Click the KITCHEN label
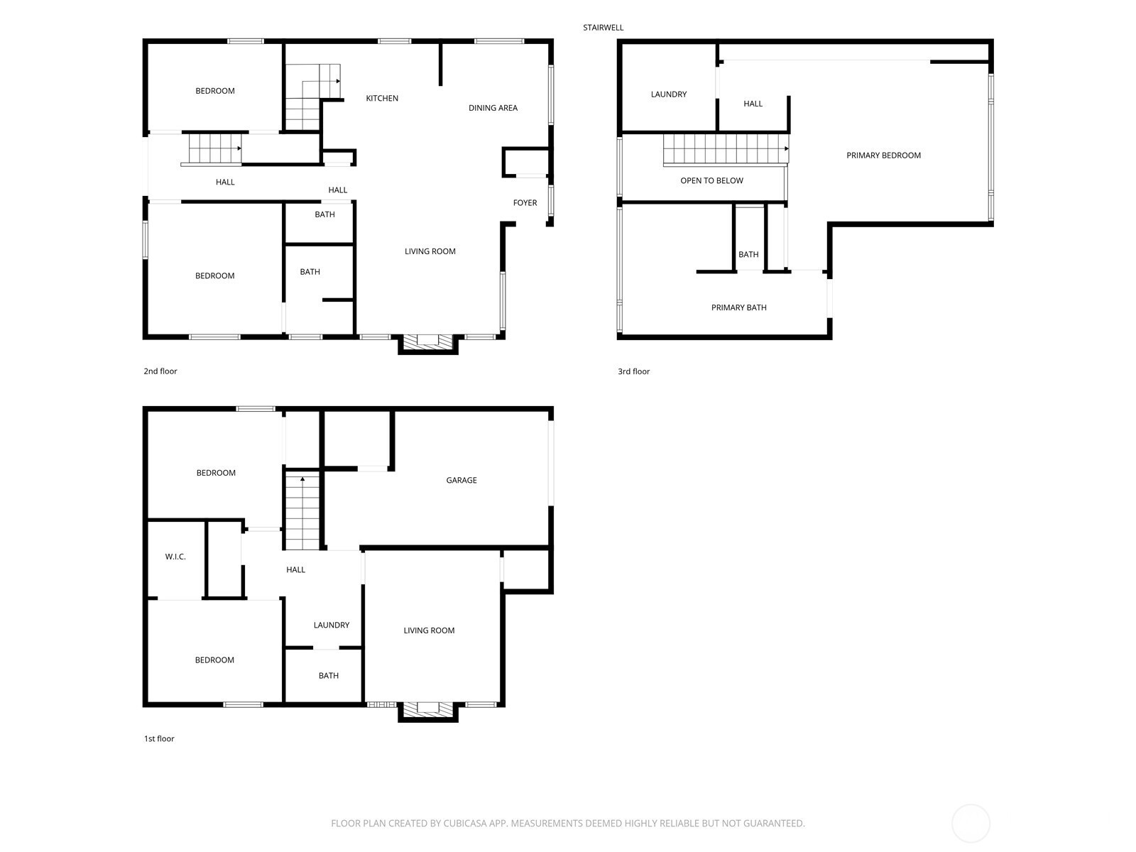pos(382,98)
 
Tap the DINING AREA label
pos(493,108)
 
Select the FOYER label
pos(525,203)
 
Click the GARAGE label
pos(461,480)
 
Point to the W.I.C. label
pos(175,557)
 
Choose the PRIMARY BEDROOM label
pos(883,155)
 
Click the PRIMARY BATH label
pos(738,308)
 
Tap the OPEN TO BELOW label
pos(711,180)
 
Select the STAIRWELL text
pos(603,28)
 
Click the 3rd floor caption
pos(633,371)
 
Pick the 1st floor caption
pos(159,738)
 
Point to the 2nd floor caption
pos(160,371)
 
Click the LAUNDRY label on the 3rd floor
pos(669,94)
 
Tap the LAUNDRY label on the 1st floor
pos(332,625)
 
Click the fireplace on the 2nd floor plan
pos(428,344)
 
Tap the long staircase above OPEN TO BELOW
pos(726,150)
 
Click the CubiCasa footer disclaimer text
pos(568,823)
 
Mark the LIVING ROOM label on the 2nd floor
pos(430,251)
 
